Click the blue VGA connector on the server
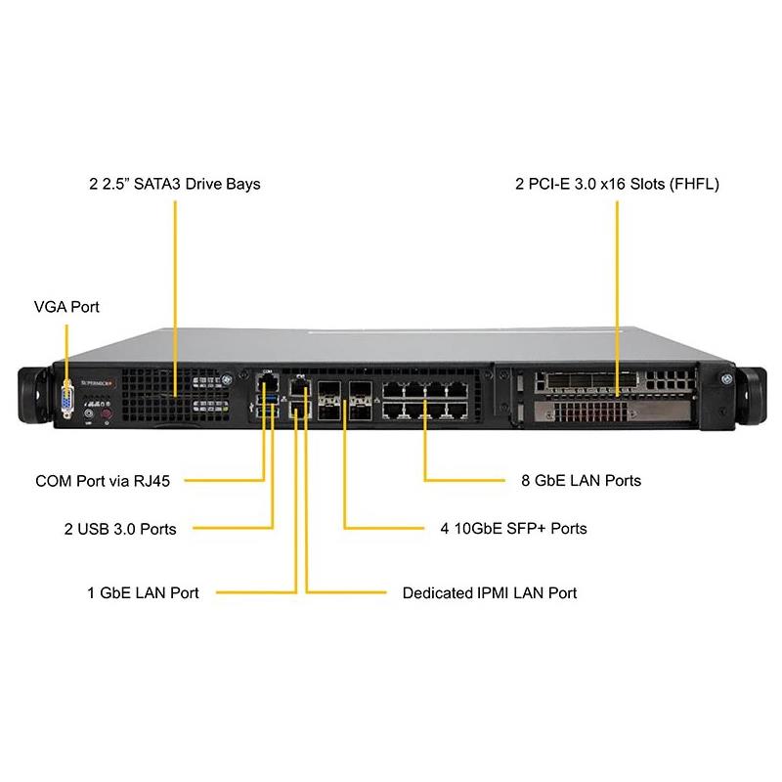click(x=66, y=399)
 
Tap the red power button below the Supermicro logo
click(x=108, y=415)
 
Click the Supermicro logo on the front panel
click(x=103, y=384)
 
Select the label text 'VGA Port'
click(x=66, y=307)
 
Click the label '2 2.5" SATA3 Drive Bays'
click(x=175, y=184)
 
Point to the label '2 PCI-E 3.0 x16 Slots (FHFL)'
click(x=617, y=184)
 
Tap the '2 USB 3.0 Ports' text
click(x=120, y=529)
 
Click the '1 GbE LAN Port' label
click(x=143, y=592)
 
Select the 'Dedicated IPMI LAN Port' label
click(x=490, y=592)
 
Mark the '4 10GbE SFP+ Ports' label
click(x=513, y=529)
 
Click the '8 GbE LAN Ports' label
click(x=582, y=481)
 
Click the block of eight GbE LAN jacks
click(x=424, y=399)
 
